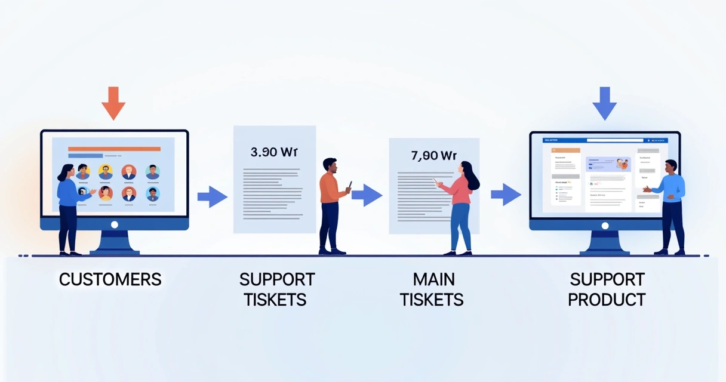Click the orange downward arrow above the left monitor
(113, 103)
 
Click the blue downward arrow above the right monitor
(604, 103)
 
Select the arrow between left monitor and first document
(212, 196)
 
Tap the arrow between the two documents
(367, 195)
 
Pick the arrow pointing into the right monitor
(506, 194)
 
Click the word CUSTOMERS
(110, 279)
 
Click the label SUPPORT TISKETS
(276, 289)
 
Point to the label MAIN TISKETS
(432, 289)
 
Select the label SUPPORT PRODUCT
(607, 289)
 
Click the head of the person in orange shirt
(330, 165)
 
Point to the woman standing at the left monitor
(67, 206)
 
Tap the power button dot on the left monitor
(115, 224)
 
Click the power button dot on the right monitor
(605, 226)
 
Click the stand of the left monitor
(115, 242)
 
